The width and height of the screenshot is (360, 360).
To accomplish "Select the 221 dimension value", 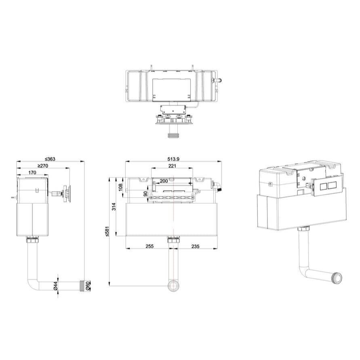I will pyautogui.click(x=173, y=166).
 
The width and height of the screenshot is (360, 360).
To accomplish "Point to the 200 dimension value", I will pyautogui.click(x=164, y=181).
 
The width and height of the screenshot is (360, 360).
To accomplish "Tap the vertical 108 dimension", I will pyautogui.click(x=120, y=186).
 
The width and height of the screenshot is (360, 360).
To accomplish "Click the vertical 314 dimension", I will pyautogui.click(x=114, y=206).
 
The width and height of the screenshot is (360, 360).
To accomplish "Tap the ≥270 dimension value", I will pyautogui.click(x=44, y=166).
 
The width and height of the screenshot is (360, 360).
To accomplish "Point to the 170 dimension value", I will pyautogui.click(x=32, y=173).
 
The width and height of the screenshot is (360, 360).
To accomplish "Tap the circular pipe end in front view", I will pyautogui.click(x=174, y=286).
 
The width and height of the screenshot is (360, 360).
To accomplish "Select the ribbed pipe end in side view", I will pyautogui.click(x=83, y=286).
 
